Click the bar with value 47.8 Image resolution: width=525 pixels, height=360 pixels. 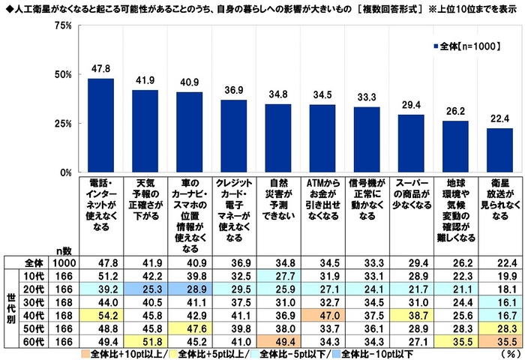(100, 125)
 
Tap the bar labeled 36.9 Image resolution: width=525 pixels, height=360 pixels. (233, 136)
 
